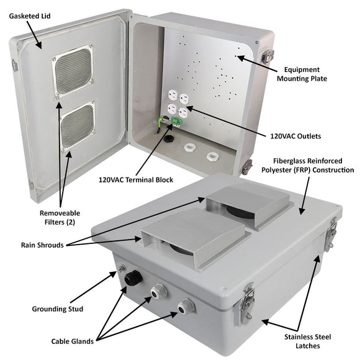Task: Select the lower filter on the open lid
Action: [x=76, y=125]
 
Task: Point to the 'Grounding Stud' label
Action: [x=58, y=308]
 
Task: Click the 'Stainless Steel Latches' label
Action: [x=304, y=341]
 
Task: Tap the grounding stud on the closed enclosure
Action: [x=120, y=269]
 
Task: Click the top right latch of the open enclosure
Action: [x=268, y=56]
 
